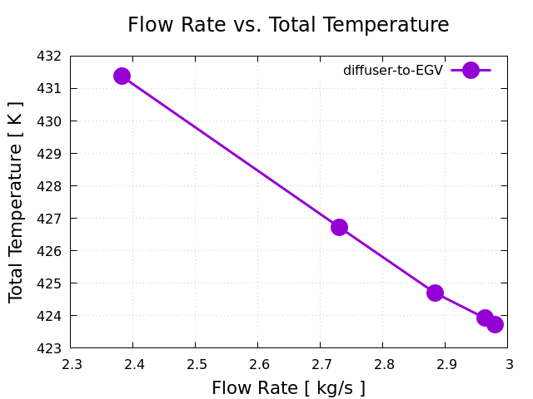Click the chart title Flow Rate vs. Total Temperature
[x=288, y=25]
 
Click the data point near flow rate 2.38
[x=122, y=76]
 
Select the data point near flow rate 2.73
[x=339, y=227]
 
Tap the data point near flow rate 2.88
[x=435, y=293]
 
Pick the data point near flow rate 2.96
[x=485, y=318]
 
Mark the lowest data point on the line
[x=495, y=324]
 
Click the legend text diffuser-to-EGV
[x=393, y=71]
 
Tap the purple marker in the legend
[x=471, y=71]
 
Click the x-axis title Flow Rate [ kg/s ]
[x=288, y=387]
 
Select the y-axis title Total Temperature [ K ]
[x=17, y=202]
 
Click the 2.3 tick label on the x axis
[x=71, y=364]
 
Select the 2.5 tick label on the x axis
[x=196, y=364]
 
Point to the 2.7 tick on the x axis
[x=321, y=364]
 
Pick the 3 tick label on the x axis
[x=508, y=364]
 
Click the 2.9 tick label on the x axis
[x=446, y=364]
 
